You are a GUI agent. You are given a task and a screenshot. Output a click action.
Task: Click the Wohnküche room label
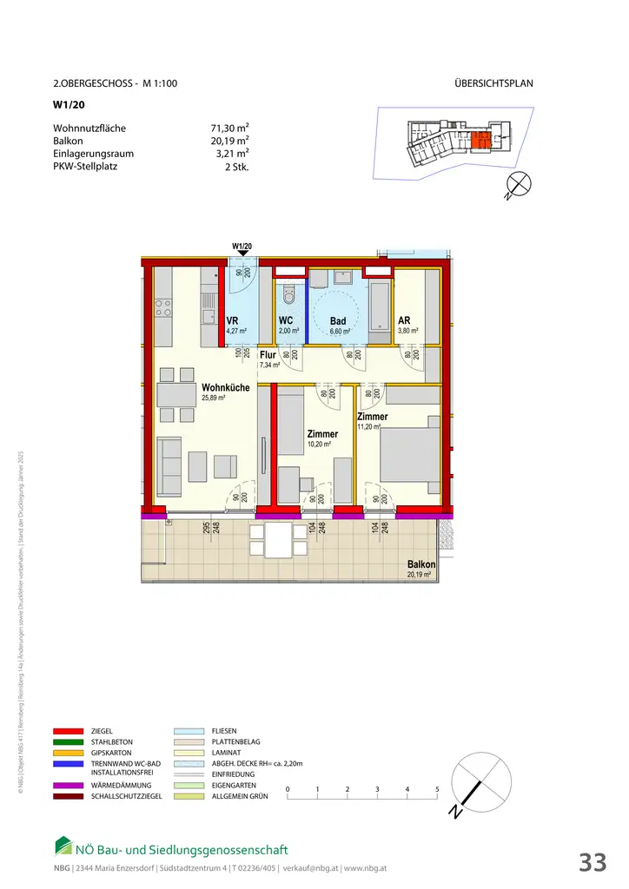[x=225, y=387]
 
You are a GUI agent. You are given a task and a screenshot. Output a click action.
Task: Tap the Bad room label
[x=337, y=321]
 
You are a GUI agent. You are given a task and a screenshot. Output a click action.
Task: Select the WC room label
[x=286, y=321]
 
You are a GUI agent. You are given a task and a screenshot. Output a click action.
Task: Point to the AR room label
[x=403, y=320]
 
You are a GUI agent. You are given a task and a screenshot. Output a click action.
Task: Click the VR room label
[x=232, y=320]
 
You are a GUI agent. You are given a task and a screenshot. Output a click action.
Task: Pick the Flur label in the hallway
[x=268, y=355]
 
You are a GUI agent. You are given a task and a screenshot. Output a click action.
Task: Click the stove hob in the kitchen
[x=163, y=307]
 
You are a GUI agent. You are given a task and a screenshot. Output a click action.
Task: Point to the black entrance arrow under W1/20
[x=242, y=255]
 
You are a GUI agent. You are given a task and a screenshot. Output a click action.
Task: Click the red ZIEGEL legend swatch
[x=68, y=731]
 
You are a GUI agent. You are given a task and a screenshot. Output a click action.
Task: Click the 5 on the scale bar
[x=437, y=788]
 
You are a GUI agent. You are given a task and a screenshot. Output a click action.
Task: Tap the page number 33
[x=593, y=862]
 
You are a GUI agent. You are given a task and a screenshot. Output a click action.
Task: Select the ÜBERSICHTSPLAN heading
[x=493, y=84]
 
